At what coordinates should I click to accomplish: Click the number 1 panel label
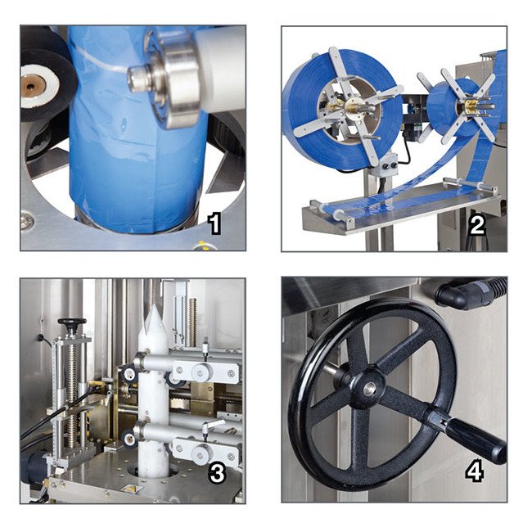click(214, 223)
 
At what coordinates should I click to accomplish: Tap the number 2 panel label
click(477, 224)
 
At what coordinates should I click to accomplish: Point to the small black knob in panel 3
click(72, 323)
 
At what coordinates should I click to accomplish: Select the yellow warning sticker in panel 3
click(130, 489)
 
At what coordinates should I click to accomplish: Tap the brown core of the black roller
click(33, 86)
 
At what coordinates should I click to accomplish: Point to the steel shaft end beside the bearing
click(140, 79)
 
